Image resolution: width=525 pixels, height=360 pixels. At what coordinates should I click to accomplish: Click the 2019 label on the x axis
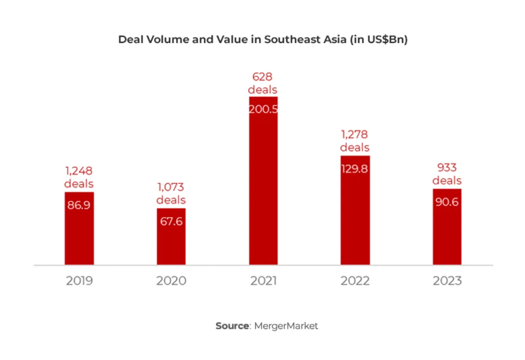point(79,281)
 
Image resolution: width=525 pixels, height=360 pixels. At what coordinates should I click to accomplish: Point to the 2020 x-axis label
point(171,281)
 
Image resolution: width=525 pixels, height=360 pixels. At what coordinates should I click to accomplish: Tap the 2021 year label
point(263,281)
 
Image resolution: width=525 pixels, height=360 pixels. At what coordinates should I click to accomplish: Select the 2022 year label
point(355,281)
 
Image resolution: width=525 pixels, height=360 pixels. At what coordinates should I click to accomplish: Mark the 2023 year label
point(447,281)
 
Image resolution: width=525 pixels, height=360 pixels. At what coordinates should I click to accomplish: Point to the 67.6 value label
point(171,222)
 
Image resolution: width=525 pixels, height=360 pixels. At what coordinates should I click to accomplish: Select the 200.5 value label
point(263,109)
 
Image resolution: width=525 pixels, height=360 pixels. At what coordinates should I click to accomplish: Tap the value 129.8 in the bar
point(355,169)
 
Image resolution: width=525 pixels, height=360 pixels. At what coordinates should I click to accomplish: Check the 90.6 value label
point(447,202)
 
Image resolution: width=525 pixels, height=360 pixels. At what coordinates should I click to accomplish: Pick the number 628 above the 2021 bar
point(263,77)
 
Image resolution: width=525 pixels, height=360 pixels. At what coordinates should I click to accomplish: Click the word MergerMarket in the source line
point(286,326)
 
